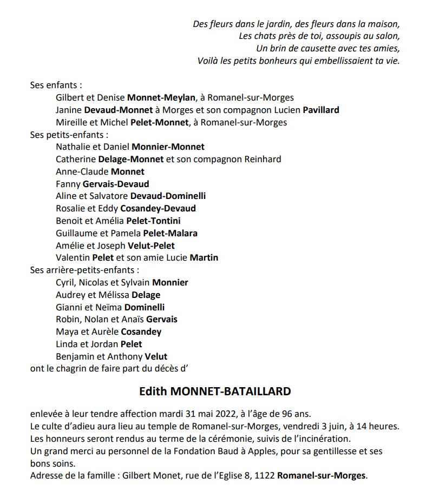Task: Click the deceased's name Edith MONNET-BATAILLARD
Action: [x=215, y=391]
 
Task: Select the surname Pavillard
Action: [x=320, y=110]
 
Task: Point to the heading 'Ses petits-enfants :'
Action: [x=69, y=135]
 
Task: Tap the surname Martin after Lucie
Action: [x=204, y=257]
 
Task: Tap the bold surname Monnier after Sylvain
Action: [x=170, y=282]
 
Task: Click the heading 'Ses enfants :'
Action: [x=56, y=85]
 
